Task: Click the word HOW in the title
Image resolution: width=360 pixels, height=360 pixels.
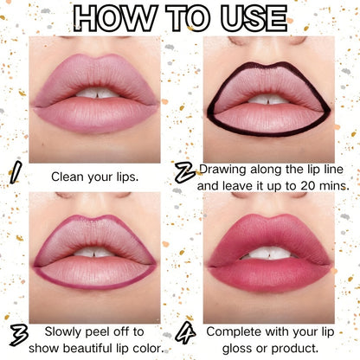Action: (x=115, y=18)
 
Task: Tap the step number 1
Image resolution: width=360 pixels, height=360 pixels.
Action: (x=16, y=172)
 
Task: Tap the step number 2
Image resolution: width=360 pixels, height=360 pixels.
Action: (x=185, y=173)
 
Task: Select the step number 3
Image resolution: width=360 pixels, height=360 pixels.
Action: (x=19, y=335)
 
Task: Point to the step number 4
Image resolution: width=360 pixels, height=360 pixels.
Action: (x=185, y=332)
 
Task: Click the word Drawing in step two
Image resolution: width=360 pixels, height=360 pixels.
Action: (x=222, y=170)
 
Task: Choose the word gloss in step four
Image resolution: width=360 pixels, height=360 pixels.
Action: (x=238, y=349)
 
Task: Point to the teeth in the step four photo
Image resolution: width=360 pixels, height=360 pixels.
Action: (x=269, y=254)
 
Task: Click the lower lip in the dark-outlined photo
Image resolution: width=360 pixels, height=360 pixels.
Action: (x=268, y=119)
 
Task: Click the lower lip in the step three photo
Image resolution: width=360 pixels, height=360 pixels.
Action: (x=95, y=272)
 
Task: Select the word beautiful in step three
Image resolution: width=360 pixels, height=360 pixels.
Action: (x=84, y=349)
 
